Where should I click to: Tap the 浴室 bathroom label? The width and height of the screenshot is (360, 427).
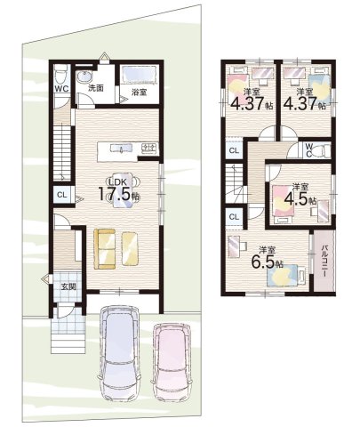click(x=139, y=93)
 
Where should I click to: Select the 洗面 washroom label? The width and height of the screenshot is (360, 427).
click(x=96, y=88)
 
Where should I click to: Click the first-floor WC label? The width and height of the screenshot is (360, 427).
click(x=61, y=89)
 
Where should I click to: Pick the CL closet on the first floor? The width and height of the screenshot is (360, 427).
click(x=62, y=195)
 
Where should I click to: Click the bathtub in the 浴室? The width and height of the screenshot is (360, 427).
click(x=139, y=75)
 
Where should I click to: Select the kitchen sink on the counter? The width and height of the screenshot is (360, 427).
click(x=122, y=148)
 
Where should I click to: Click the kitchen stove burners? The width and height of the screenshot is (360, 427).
click(x=148, y=148)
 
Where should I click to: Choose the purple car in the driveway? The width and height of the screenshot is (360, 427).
click(x=119, y=354)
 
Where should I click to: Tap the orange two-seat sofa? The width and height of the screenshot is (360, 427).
click(x=105, y=249)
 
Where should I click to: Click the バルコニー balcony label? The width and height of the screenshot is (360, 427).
click(x=324, y=261)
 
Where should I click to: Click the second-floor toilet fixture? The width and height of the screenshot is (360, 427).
click(x=322, y=149)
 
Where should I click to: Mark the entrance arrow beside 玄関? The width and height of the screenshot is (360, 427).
click(x=46, y=278)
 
